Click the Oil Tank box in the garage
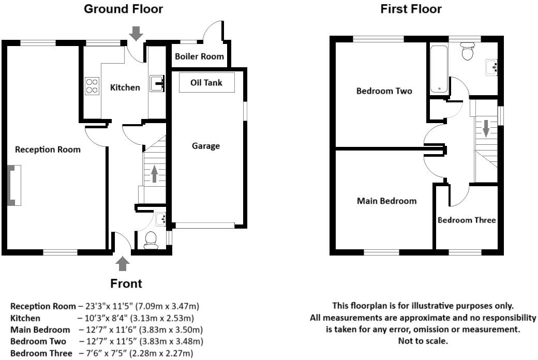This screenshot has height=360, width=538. [206, 83]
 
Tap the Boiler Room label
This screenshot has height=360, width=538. [199, 56]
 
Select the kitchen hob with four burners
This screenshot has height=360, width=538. [92, 85]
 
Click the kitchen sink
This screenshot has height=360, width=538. [157, 83]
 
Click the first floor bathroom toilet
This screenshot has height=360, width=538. [468, 52]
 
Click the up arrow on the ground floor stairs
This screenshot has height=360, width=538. [154, 174]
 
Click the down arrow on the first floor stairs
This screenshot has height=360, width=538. [485, 128]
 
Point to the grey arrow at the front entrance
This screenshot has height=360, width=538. [123, 263]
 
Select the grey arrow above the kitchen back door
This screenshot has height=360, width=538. [136, 34]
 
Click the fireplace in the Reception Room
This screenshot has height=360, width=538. [14, 186]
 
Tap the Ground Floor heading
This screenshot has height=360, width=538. [123, 9]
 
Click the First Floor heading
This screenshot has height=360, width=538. [411, 9]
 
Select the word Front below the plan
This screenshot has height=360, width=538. [126, 283]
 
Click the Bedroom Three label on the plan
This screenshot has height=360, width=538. [467, 220]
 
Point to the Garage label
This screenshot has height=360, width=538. [206, 146]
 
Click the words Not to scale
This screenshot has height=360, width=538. [423, 341]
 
